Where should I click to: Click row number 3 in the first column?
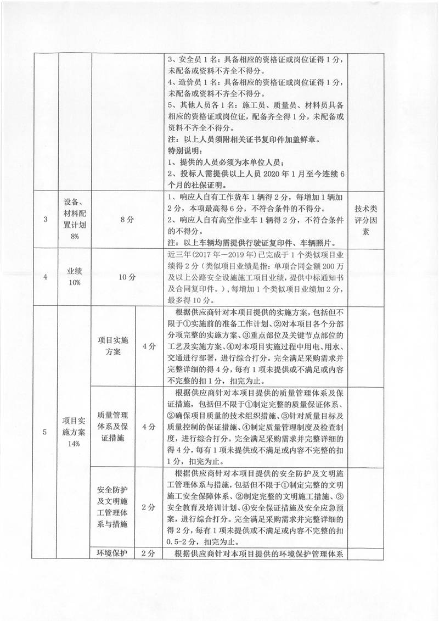(x=45, y=220)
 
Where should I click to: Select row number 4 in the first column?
(x=45, y=276)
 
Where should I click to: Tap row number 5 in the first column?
(x=45, y=432)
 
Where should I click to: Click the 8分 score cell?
(x=127, y=220)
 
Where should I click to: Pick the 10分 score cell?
(x=127, y=276)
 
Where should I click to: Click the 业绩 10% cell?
(x=74, y=276)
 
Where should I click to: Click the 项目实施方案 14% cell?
(x=74, y=432)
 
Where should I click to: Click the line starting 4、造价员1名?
(x=257, y=82)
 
